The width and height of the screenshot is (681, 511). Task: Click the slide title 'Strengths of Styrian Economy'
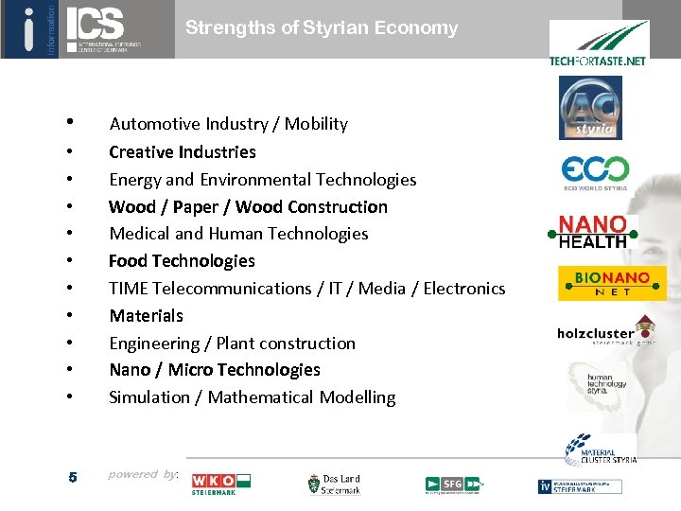(322, 27)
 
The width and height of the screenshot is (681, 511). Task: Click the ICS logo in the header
(103, 28)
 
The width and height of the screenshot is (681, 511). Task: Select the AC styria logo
(590, 108)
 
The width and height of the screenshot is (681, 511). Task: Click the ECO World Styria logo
(595, 172)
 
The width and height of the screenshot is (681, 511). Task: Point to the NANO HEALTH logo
(592, 232)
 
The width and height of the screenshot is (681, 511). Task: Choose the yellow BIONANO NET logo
(611, 283)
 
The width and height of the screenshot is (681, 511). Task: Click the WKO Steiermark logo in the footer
(220, 484)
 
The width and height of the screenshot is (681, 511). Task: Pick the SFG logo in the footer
(453, 485)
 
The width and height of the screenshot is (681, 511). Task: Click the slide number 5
(73, 477)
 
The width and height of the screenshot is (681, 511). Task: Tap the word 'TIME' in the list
(129, 288)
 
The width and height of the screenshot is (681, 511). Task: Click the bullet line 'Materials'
(146, 315)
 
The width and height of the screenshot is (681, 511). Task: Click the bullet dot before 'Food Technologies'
(71, 260)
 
